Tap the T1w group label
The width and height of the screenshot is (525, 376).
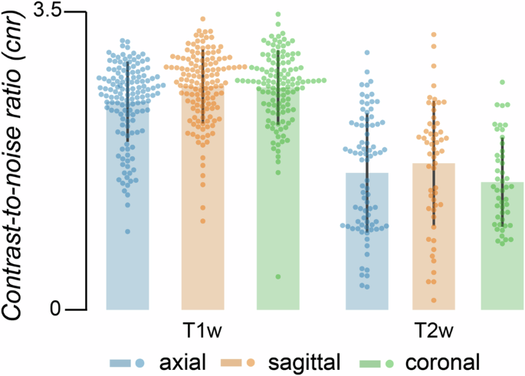click(202, 330)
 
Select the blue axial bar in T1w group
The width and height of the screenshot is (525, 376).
click(127, 230)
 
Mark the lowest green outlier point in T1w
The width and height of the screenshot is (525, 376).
click(277, 276)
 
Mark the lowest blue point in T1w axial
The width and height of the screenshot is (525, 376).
click(127, 231)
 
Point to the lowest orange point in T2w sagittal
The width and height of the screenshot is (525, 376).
click(434, 300)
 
